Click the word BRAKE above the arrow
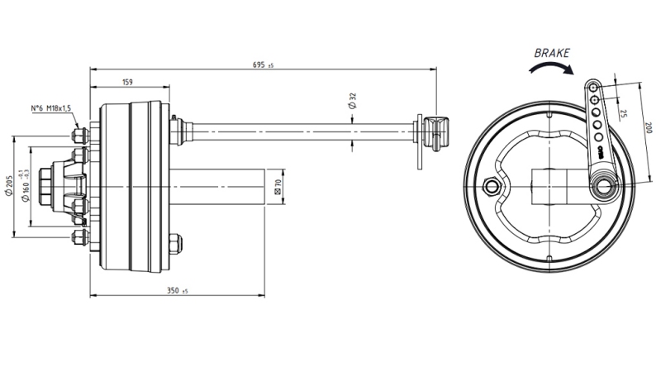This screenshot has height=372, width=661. pyautogui.click(x=552, y=52)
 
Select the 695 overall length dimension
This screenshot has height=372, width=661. pyautogui.click(x=262, y=64)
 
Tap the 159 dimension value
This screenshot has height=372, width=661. pyautogui.click(x=129, y=82)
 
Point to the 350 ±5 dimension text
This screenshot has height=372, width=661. pyautogui.click(x=177, y=291)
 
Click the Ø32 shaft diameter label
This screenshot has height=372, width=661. pyautogui.click(x=353, y=103)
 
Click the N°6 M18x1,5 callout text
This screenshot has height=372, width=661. pyautogui.click(x=51, y=108)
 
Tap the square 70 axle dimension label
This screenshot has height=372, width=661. pyautogui.click(x=278, y=187)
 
